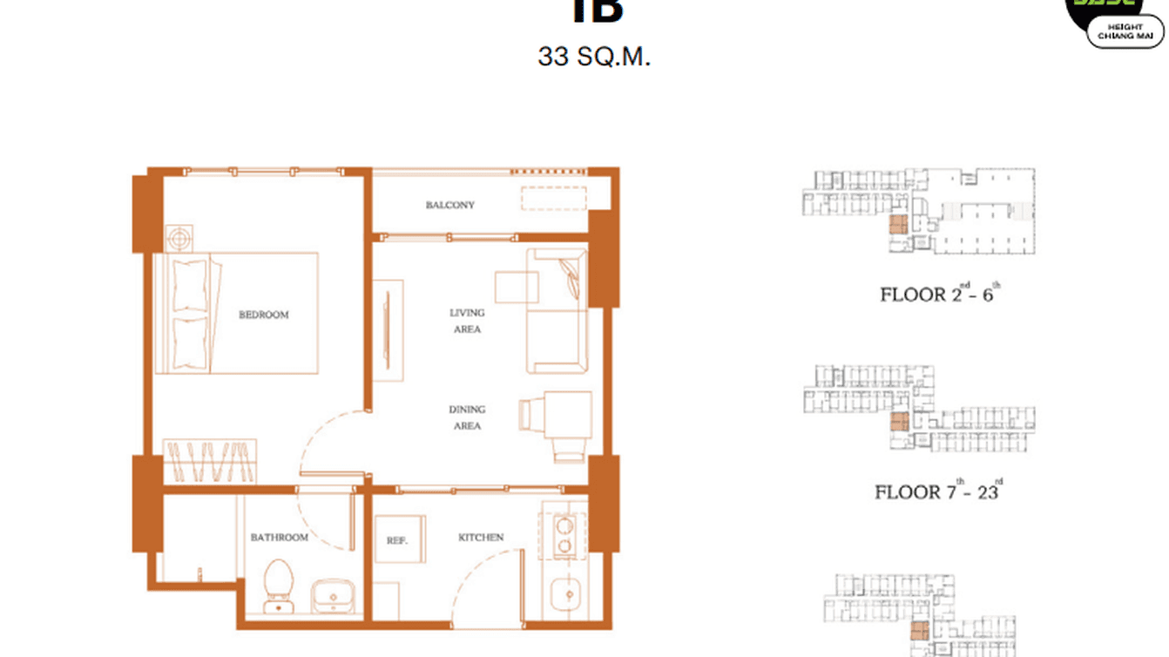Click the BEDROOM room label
point(263,315)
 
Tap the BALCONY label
point(449,205)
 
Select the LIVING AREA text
point(467,321)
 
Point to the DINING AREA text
point(467,417)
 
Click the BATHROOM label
point(279,538)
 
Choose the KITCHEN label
point(481,538)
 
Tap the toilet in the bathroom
point(280,584)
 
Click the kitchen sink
point(566,596)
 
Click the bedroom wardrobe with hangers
point(212,462)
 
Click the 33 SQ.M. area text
point(594,58)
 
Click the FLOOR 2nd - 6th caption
point(940,294)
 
